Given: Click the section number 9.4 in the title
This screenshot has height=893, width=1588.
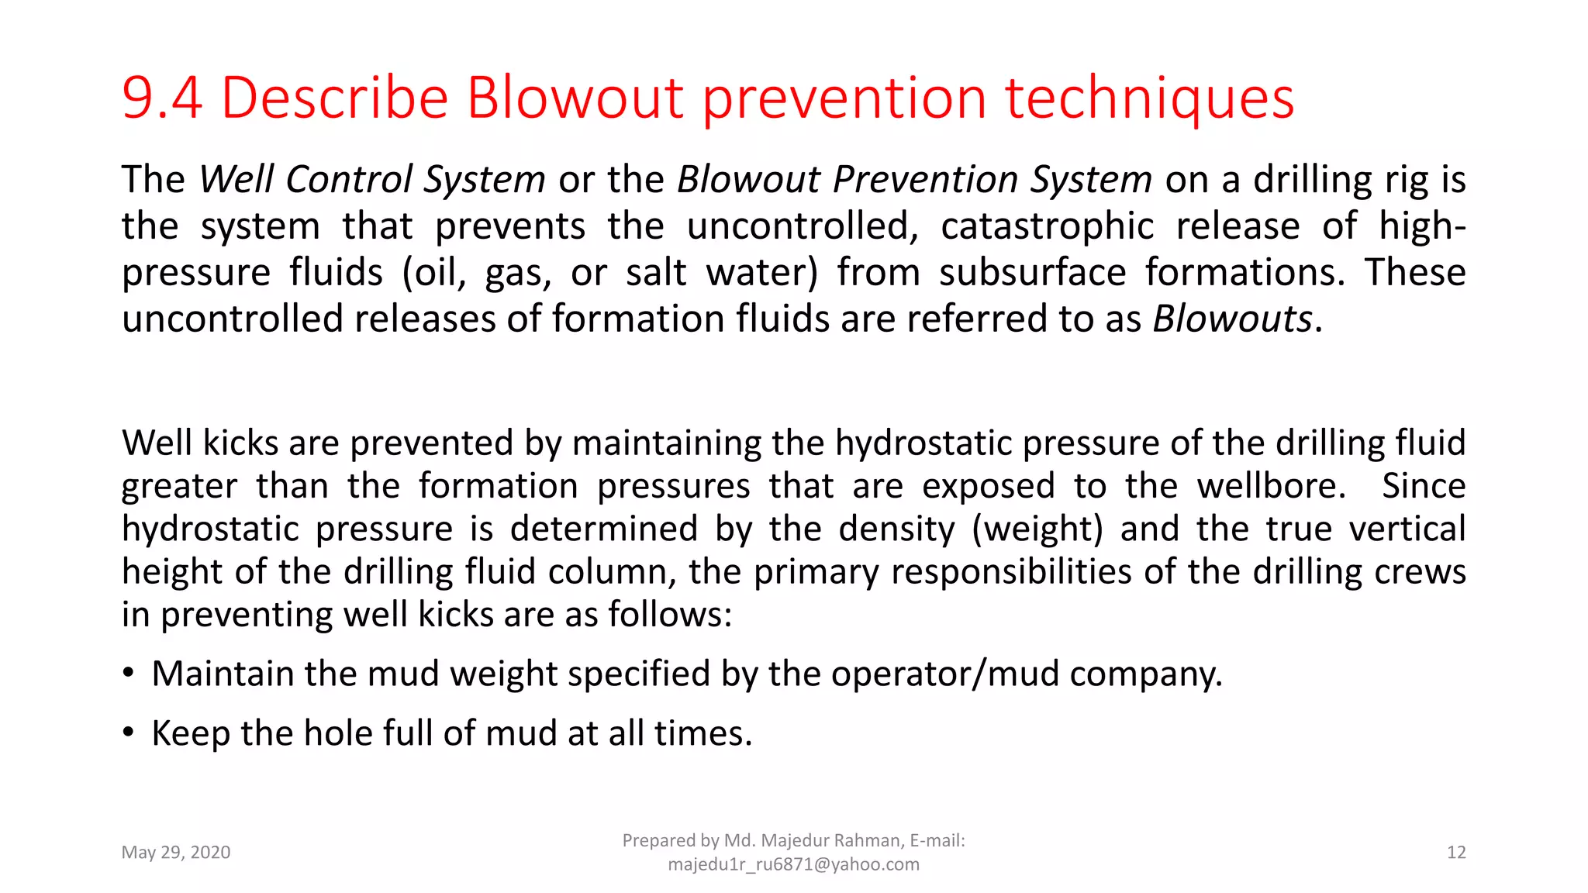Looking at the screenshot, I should (162, 98).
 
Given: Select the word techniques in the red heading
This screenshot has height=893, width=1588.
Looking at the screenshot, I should (1150, 98).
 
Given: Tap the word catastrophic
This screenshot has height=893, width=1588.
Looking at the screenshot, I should (1048, 226).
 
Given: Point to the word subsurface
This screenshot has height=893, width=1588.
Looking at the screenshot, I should (1033, 273).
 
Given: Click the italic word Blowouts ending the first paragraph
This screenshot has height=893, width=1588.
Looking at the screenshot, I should (1232, 319).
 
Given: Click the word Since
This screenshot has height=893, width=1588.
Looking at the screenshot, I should (1424, 487).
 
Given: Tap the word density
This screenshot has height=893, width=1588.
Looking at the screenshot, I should (896, 529).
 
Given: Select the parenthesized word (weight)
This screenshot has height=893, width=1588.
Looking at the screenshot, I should (1037, 529).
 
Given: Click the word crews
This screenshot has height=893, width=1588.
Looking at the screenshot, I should (1420, 572).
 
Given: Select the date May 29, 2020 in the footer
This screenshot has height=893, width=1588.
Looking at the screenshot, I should (176, 853).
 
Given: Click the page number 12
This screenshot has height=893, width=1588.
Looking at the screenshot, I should (1456, 853).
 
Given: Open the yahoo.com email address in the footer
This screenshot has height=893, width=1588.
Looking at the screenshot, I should (793, 864).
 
